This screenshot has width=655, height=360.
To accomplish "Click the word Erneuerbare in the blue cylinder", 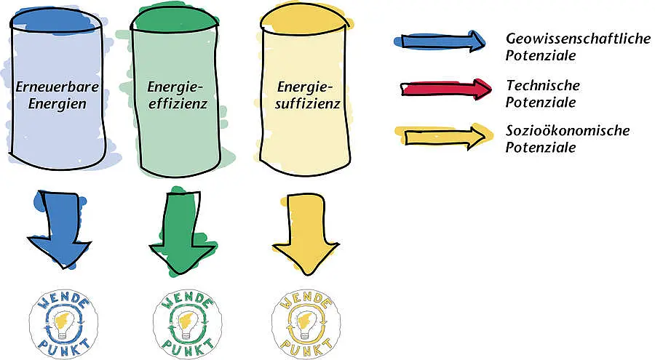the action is point(57,87).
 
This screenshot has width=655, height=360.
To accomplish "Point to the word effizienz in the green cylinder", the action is point(178,103).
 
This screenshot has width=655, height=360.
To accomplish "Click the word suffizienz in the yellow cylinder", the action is point(308,103).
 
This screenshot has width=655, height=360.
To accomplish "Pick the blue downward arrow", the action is point(60,229).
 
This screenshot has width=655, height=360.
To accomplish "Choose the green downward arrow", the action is point(183,232).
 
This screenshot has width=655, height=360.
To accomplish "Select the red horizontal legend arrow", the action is point(445,89).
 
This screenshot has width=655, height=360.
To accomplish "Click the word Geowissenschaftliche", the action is point(578,39).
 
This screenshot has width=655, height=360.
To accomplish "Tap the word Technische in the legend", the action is point(543,86).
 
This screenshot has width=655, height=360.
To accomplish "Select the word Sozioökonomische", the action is point(568,131).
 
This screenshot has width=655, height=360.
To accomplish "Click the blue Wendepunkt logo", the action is point(63,324).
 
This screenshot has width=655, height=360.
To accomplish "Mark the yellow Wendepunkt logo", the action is point(306,324).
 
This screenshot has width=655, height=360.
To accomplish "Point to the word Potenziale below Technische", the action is point(541,103).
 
